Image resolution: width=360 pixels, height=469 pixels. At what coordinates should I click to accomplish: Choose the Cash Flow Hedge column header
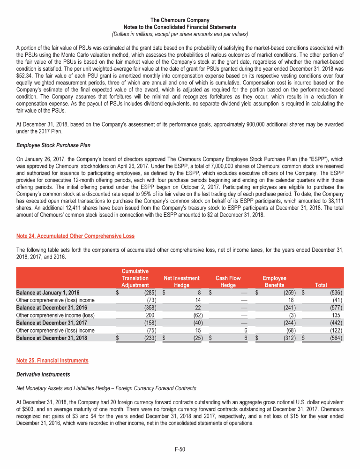[x=228, y=281]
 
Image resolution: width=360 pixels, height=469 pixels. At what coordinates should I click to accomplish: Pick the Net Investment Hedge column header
[x=181, y=281]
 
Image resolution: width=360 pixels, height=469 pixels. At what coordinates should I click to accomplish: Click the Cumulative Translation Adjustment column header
[x=135, y=278]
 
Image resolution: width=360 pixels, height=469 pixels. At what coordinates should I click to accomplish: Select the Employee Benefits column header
[x=274, y=281]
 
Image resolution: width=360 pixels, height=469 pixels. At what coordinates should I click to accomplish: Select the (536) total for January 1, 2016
[x=334, y=292]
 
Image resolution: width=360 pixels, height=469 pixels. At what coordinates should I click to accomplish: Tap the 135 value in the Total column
[x=336, y=315]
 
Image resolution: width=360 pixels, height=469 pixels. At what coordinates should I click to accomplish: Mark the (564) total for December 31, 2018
[x=334, y=338]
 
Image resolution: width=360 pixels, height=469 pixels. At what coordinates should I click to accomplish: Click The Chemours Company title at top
[x=180, y=21]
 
